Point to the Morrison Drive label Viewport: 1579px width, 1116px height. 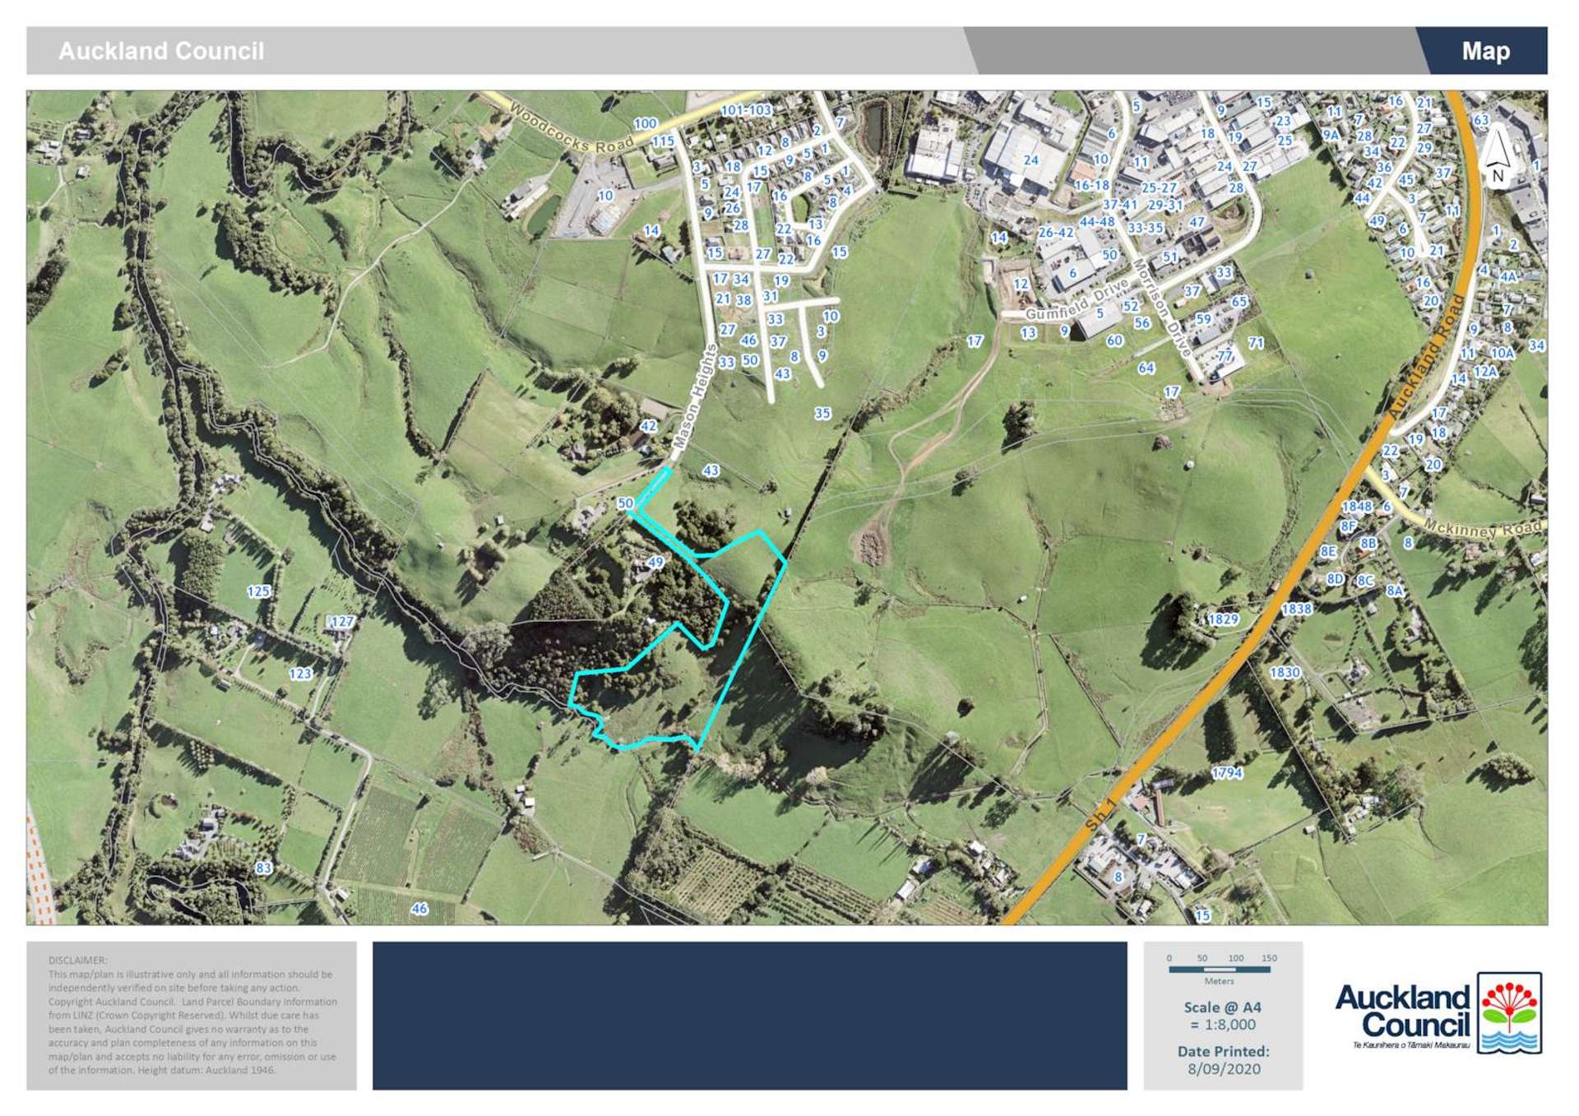click(1161, 308)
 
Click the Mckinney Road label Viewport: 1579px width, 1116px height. click(1483, 527)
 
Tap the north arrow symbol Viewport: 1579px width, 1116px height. click(1497, 155)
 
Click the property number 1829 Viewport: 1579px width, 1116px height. click(1223, 618)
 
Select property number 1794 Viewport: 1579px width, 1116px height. click(1226, 772)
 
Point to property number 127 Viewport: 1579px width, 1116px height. click(342, 622)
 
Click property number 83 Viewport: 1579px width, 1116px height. click(263, 868)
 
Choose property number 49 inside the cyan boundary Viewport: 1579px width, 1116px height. click(655, 563)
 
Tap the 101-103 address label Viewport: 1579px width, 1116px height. click(746, 110)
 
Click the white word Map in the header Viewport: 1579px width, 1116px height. click(1485, 51)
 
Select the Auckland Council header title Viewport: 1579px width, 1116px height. click(161, 51)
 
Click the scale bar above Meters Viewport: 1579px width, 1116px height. click(1219, 970)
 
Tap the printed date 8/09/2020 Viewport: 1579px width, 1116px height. click(1224, 1068)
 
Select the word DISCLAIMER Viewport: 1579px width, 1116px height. click(78, 960)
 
